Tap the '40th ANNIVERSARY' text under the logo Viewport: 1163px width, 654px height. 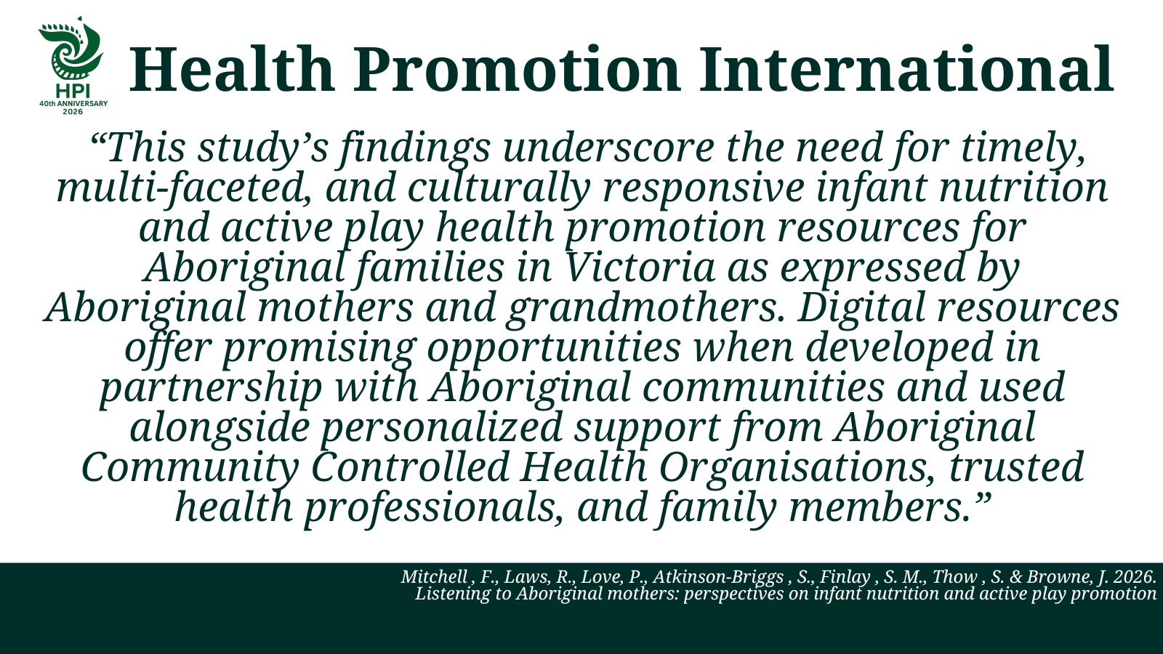tap(73, 103)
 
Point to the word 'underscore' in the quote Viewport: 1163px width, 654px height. tap(608, 148)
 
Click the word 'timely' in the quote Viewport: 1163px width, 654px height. tap(1023, 149)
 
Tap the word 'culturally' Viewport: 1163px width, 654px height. tap(499, 189)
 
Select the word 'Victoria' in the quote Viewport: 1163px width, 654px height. tap(640, 268)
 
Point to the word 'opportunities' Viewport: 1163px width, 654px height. tap(553, 348)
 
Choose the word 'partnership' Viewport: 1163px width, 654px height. tap(211, 389)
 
